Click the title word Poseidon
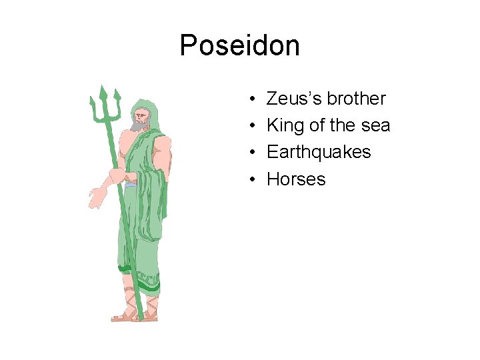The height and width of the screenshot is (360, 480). pyautogui.click(x=240, y=46)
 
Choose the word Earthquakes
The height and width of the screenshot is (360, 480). pyautogui.click(x=318, y=152)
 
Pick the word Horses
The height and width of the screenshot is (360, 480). pyautogui.click(x=296, y=179)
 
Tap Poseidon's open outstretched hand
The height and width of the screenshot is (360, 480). pyautogui.click(x=97, y=196)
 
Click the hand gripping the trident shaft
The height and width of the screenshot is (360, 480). pyautogui.click(x=118, y=177)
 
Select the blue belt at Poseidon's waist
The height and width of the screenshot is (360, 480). pyautogui.click(x=131, y=183)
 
